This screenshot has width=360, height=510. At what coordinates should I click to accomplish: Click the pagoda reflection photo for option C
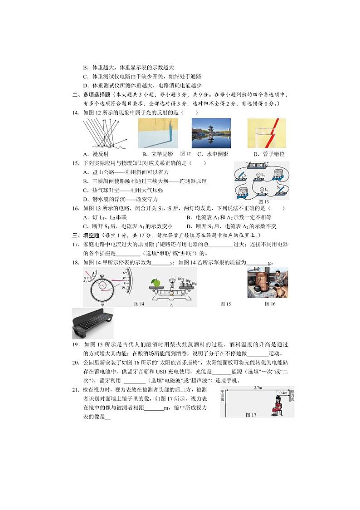211,133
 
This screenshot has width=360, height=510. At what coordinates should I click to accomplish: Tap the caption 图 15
225,304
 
